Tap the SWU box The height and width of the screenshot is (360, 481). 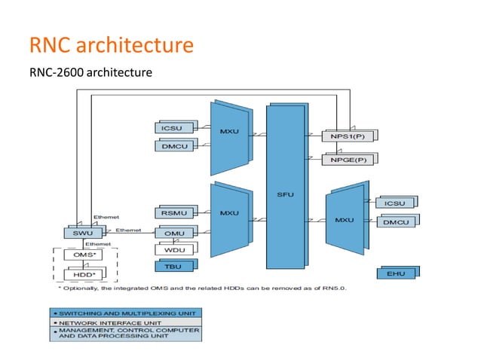tap(81, 233)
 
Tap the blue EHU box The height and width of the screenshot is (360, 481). tap(395, 273)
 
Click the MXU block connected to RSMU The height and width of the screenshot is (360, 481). tap(229, 215)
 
